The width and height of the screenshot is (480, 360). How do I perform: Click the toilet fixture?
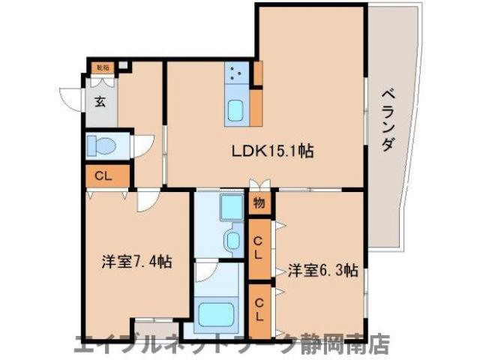point(100,145)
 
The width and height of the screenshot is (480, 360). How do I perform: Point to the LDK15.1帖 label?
point(271,151)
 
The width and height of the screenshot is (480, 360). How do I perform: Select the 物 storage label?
point(259,202)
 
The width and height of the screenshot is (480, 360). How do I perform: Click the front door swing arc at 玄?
point(72,98)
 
